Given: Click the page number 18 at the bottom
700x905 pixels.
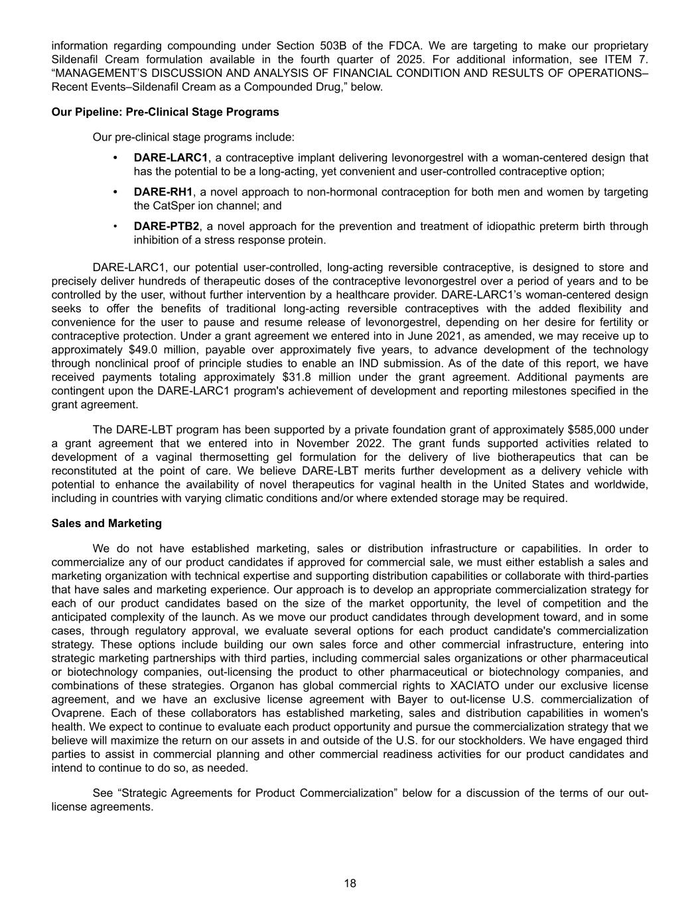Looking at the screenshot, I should tap(350, 883).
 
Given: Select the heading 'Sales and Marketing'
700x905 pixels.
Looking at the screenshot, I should tap(106, 523).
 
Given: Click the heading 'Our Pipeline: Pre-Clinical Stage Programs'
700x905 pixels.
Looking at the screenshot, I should tap(165, 111).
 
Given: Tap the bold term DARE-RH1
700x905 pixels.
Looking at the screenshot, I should tap(163, 192).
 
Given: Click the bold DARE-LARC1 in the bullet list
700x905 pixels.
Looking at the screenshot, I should tap(171, 158).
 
